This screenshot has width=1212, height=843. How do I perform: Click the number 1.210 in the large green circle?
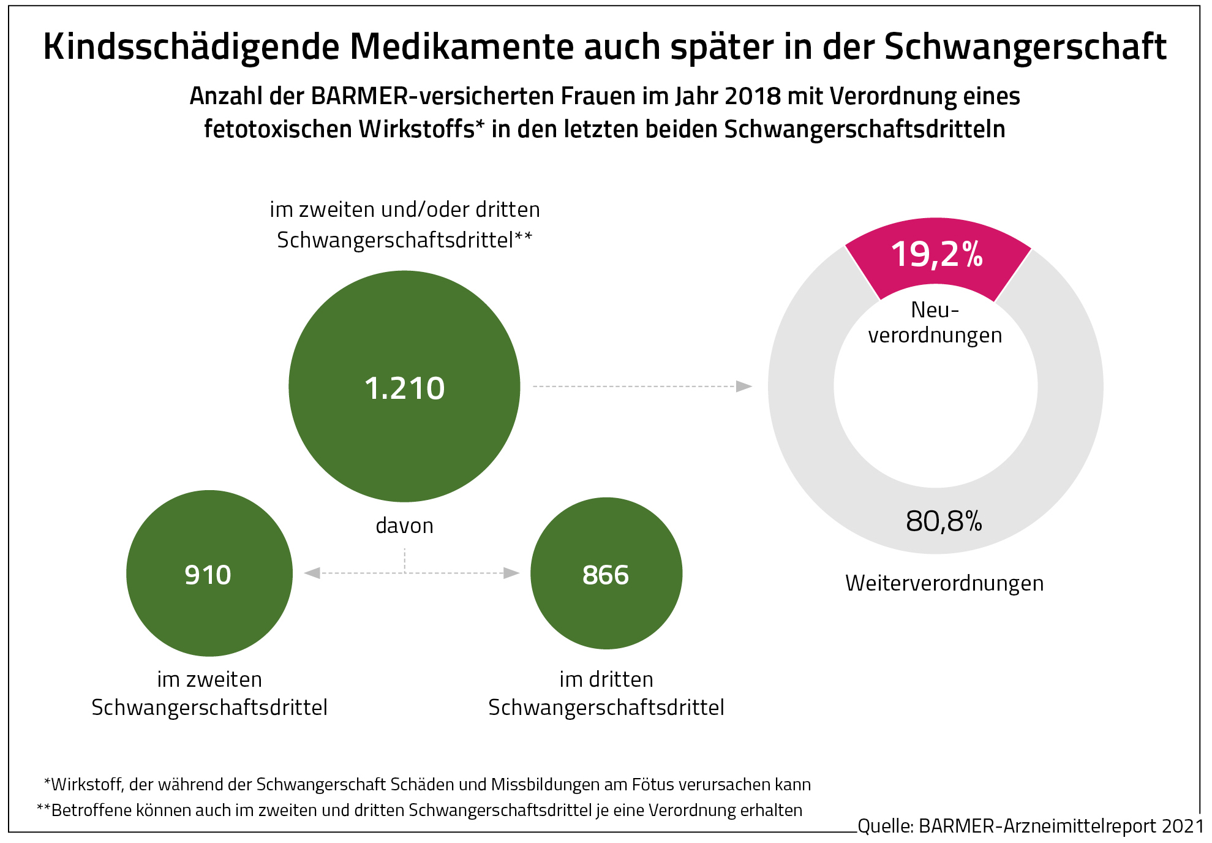404,388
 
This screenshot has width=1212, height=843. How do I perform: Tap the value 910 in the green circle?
208,575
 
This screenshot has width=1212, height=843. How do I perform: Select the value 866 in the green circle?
606,575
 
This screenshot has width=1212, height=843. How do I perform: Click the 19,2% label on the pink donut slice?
937,254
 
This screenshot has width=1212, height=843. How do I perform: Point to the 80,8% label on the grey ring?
944,521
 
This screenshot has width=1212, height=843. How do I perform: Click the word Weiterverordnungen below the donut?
944,583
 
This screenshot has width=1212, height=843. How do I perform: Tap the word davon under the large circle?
404,526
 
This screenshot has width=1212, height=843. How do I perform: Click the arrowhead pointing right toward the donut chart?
744,387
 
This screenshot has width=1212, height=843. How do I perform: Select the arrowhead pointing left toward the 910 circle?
312,573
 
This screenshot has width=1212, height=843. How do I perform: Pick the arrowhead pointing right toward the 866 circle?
511,573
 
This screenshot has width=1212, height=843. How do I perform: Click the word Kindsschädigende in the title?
191,47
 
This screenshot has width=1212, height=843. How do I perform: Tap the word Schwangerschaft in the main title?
1025,47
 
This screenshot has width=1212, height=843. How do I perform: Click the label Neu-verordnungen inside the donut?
935,323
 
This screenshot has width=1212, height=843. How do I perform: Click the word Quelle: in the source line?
886,826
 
